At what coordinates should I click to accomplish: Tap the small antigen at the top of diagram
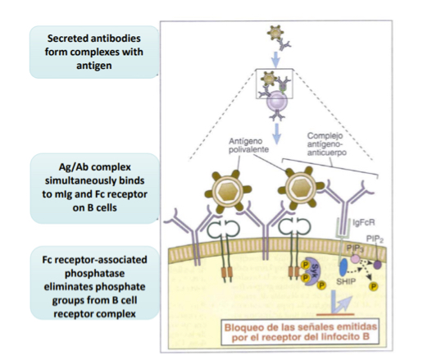(x=274, y=34)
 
